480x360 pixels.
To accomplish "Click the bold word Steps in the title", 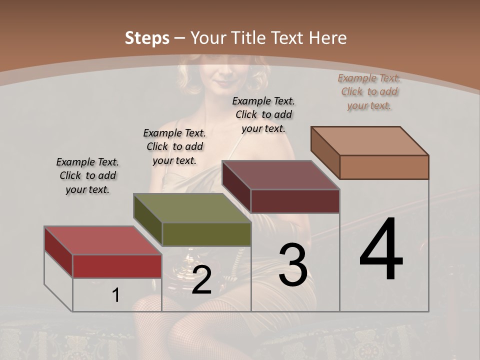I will pos(147,38).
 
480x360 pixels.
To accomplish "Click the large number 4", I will pos(381,250).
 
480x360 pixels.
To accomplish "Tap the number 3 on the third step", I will pos(293,265).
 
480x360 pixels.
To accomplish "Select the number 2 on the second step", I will pos(202,280).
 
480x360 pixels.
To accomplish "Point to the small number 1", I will pos(116,295).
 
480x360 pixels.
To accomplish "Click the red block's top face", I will pos(102,240).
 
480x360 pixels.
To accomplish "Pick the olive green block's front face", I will pos(206,234).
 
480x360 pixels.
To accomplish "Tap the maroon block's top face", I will pos(280,175).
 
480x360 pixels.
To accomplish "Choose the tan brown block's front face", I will pos(384,167).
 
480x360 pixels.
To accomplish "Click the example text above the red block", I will pos(87,175).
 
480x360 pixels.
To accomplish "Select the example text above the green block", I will pos(174,146).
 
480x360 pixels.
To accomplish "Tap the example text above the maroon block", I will pos(263,114).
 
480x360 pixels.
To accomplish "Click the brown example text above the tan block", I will pos(369,91).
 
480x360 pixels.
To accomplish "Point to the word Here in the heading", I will pos(328,38).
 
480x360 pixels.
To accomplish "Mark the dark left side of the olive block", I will pos(148,220).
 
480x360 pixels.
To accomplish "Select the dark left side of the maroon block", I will pos(236,186).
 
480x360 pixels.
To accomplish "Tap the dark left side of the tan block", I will pos(325,152).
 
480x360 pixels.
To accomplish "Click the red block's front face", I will pos(117,266).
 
